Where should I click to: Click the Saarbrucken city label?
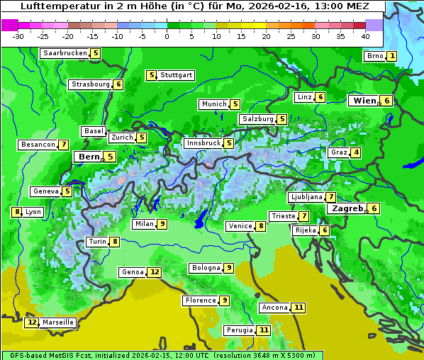click(65, 53)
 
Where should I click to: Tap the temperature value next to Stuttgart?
click(151, 75)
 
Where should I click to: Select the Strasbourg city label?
click(91, 84)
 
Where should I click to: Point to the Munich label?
click(213, 104)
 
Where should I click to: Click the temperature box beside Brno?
click(392, 57)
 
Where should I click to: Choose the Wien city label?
click(365, 101)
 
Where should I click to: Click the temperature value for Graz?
click(356, 152)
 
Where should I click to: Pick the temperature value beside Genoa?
click(155, 272)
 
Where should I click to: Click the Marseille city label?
click(58, 322)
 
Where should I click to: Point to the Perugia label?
click(239, 330)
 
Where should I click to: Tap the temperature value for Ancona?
click(299, 308)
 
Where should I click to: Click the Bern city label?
click(89, 157)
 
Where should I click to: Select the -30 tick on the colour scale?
click(19, 36)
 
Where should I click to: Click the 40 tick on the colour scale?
click(365, 36)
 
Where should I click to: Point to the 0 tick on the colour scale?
click(167, 36)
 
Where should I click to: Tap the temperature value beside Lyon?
click(16, 212)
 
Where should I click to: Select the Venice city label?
click(240, 226)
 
